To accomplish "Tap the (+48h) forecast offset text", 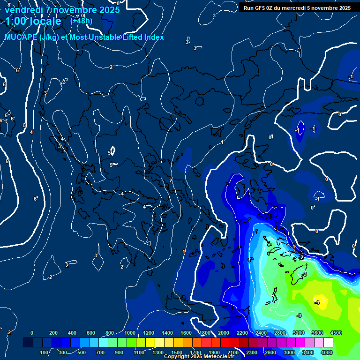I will pos(81,21).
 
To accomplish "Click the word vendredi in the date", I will pos(23,9).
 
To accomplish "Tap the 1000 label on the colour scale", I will pos(129,333).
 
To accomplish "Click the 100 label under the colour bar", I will pos(44,352).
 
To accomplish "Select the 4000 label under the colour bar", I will pos(327,352).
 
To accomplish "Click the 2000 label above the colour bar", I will pos(223,333).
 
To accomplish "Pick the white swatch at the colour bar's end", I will pos(328,343).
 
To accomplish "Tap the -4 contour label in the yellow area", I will pos(317,302).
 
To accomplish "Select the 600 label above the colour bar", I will pos(90,333).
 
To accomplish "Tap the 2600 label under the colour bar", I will pos(270,352).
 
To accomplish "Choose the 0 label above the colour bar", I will pos(32,333).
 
